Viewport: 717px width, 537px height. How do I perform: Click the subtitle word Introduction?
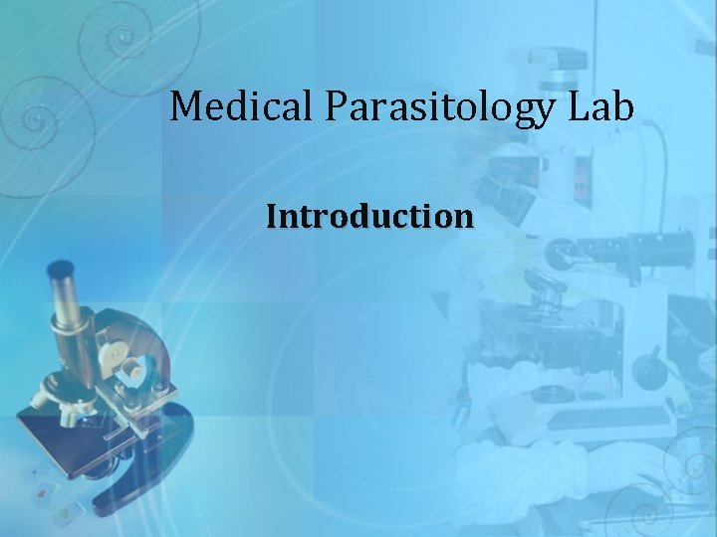pyautogui.click(x=368, y=216)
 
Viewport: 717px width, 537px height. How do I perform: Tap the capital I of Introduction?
pyautogui.click(x=272, y=216)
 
